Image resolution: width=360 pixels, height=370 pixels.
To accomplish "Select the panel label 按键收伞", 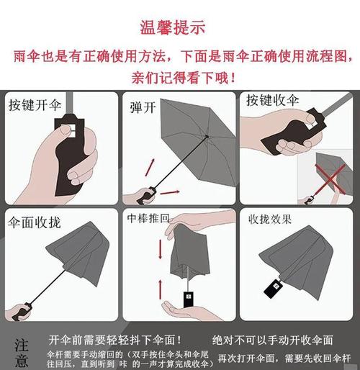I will click(x=273, y=100).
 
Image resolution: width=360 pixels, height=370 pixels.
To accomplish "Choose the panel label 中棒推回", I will click(x=148, y=217).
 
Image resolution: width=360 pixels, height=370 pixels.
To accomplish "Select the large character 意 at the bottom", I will click(x=22, y=361).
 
